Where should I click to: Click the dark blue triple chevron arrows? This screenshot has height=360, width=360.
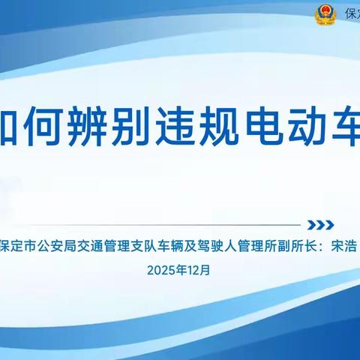click(x=322, y=225)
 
